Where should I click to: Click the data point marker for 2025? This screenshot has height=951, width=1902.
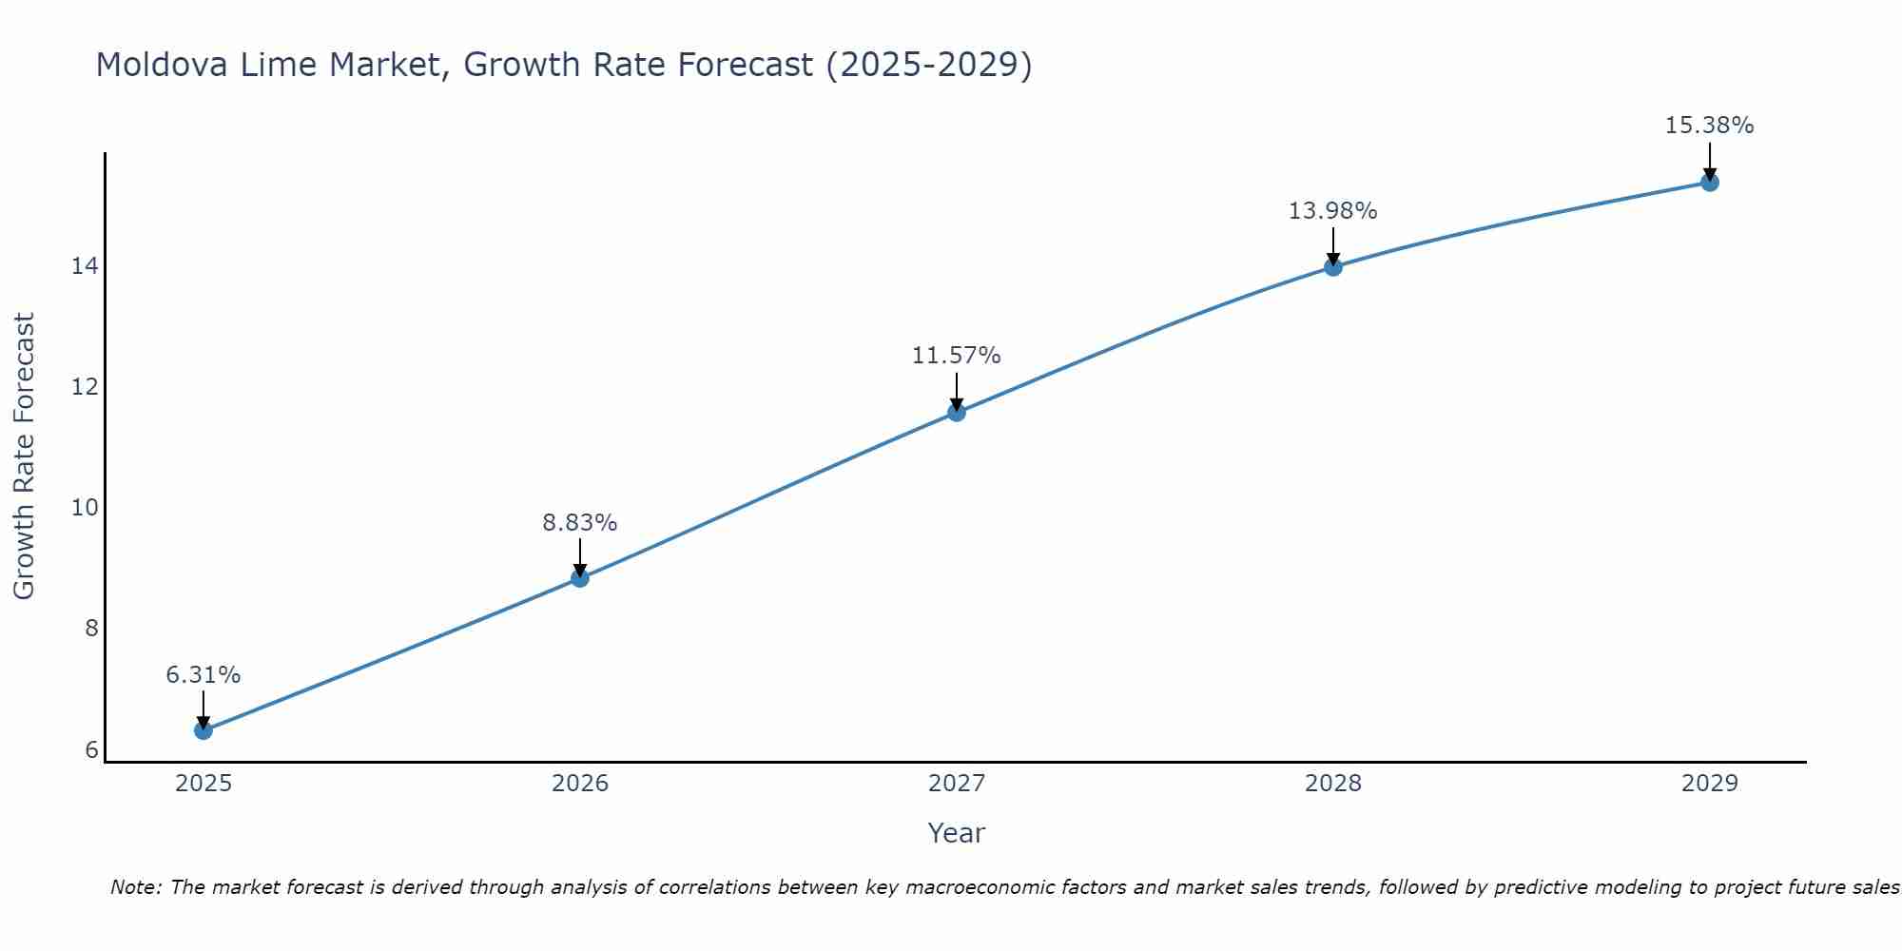pos(204,730)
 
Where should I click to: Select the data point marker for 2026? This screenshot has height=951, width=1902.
pos(580,578)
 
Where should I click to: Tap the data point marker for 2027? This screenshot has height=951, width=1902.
pos(957,412)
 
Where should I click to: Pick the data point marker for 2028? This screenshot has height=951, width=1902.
pos(1333,267)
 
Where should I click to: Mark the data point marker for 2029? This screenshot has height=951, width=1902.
pos(1710,183)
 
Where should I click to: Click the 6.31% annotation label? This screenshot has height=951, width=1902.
pos(204,675)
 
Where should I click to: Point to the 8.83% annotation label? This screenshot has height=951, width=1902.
pos(580,523)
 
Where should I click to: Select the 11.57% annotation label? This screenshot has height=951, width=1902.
pos(957,356)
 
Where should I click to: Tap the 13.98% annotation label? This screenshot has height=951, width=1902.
pos(1333,211)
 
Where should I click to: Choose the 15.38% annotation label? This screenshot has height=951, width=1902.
pos(1710,126)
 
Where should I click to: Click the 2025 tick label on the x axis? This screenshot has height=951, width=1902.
pos(204,784)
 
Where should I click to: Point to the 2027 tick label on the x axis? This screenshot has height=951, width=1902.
pos(957,784)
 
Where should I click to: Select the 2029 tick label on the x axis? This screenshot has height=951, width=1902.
pos(1710,784)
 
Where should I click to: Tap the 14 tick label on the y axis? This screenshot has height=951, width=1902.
pos(85,266)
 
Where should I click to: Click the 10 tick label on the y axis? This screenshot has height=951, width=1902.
pos(85,508)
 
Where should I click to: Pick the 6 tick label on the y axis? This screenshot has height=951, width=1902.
pos(91,750)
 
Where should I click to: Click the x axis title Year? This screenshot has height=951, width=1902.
pos(957,833)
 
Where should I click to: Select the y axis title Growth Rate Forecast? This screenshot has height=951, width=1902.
pos(24,456)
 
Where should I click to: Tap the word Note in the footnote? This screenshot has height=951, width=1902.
pos(136,888)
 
